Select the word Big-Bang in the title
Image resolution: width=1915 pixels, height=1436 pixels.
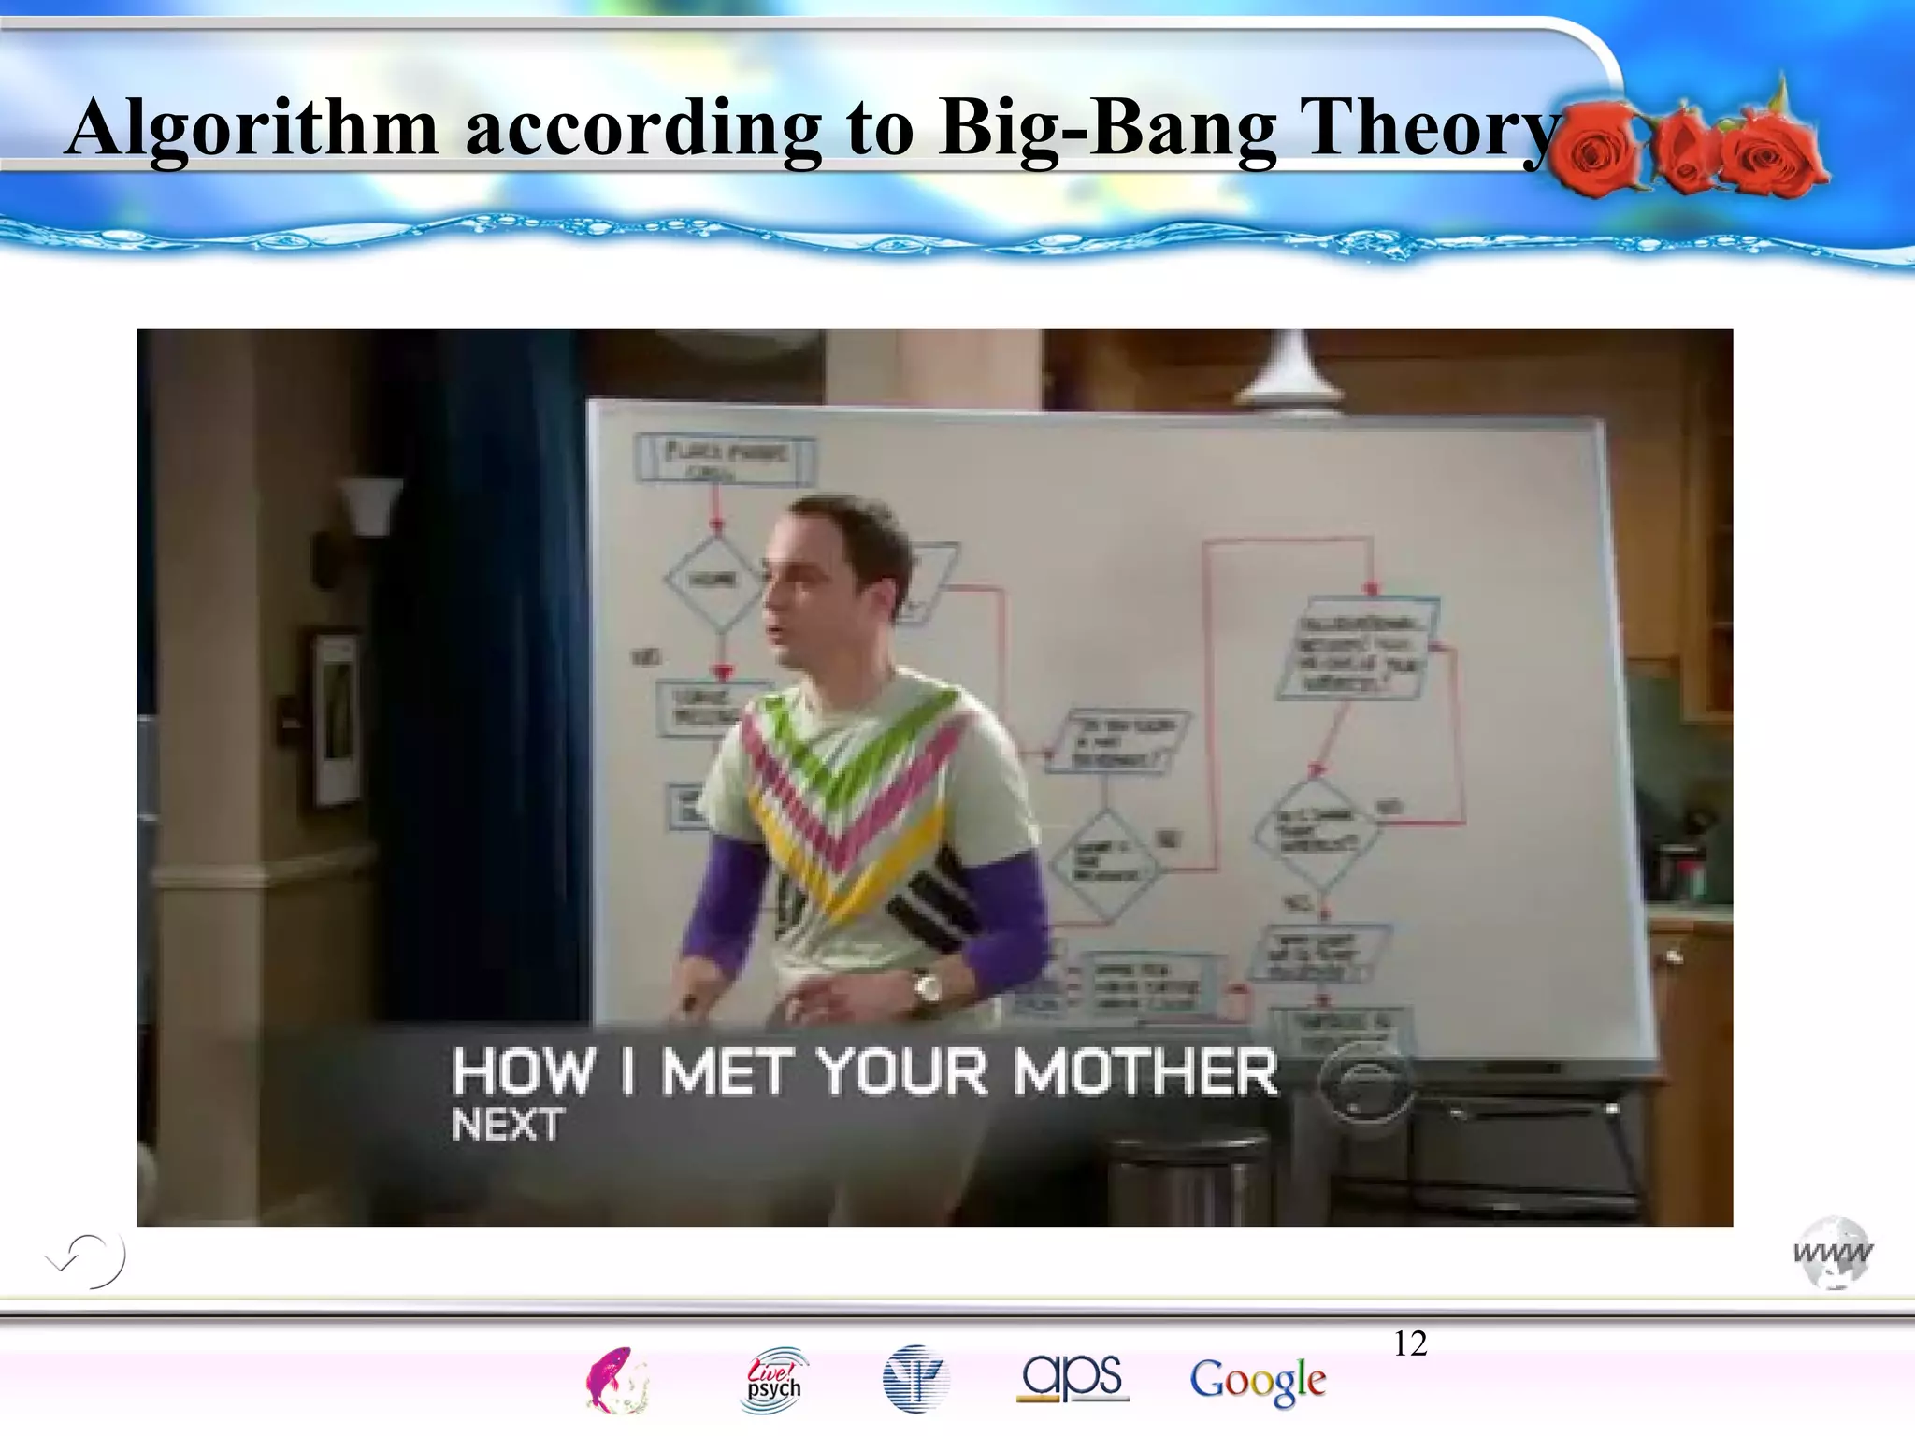coord(1108,128)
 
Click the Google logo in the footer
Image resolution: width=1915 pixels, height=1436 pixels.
coord(1258,1381)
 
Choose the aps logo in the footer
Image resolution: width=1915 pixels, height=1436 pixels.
coord(1073,1377)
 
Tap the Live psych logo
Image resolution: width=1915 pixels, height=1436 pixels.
coord(773,1380)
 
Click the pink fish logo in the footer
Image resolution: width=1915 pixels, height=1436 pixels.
coord(615,1380)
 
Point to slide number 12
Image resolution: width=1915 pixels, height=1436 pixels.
coord(1410,1343)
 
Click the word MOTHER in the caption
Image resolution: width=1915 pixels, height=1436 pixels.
coord(1145,1071)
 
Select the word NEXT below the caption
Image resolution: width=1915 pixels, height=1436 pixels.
coord(507,1125)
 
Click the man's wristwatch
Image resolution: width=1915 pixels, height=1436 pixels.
coord(927,987)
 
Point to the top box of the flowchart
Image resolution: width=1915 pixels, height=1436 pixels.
coord(725,459)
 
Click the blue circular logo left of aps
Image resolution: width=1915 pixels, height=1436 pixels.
coord(915,1379)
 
